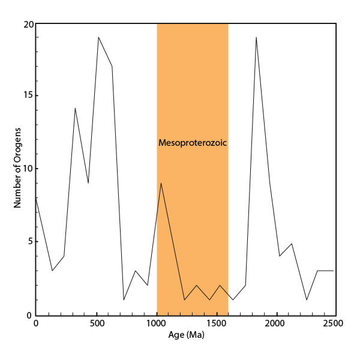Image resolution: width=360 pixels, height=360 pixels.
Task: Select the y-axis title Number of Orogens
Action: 17,168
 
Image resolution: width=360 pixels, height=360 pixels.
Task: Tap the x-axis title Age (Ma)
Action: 185,335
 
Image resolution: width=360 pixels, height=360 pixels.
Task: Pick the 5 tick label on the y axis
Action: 28,242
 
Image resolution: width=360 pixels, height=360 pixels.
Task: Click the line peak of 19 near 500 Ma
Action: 98,37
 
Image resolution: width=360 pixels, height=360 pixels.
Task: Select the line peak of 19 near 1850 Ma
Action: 256,37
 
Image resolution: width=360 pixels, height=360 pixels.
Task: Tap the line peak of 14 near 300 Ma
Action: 75,108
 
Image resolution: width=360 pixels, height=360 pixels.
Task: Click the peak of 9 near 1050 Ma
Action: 161,183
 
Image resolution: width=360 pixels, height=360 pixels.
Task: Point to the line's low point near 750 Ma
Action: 124,299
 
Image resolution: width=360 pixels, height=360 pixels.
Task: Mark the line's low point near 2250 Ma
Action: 307,299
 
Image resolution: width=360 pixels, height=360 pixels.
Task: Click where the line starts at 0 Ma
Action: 36,197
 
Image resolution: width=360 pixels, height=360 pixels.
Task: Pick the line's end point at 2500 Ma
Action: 333,271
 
